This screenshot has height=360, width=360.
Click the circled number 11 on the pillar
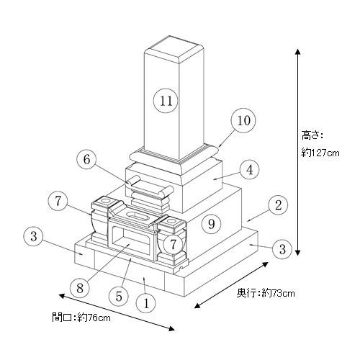click(x=166, y=101)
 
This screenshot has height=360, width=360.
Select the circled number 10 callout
click(x=243, y=120)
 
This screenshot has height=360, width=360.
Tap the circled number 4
click(x=250, y=169)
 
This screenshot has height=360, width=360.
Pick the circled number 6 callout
click(x=86, y=159)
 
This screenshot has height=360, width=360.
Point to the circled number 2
click(x=278, y=205)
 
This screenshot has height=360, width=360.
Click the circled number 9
click(x=211, y=224)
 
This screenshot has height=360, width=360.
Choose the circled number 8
click(x=80, y=288)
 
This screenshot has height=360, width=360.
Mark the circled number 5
click(x=119, y=297)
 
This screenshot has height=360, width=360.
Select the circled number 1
click(x=146, y=303)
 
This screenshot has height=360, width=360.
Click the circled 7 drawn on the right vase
click(x=174, y=244)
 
